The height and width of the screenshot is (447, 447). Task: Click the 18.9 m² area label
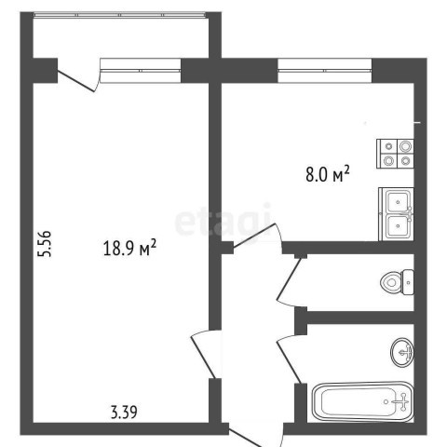(129, 248)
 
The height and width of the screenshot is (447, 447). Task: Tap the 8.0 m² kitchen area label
(328, 174)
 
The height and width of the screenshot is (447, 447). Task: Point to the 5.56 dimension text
(44, 244)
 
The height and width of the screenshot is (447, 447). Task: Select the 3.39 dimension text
(124, 413)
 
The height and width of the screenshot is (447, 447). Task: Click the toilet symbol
(397, 282)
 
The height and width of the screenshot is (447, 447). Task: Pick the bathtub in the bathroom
(363, 401)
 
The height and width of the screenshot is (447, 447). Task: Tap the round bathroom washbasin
(402, 353)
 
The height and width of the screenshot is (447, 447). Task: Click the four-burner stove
(395, 154)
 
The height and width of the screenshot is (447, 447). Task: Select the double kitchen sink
(397, 214)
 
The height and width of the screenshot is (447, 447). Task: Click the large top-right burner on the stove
(405, 146)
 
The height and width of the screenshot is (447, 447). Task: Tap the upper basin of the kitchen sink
(399, 201)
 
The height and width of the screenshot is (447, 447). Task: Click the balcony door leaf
(76, 81)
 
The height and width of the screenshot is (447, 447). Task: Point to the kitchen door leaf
(254, 236)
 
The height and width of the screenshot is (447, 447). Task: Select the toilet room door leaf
(289, 279)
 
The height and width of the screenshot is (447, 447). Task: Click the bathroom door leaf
(290, 361)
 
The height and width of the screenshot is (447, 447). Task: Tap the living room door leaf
(203, 357)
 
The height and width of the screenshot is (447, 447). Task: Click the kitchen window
(324, 71)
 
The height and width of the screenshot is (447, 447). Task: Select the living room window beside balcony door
(141, 71)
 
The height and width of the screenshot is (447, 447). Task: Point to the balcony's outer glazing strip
(119, 15)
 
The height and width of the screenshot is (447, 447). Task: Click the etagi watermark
(223, 220)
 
